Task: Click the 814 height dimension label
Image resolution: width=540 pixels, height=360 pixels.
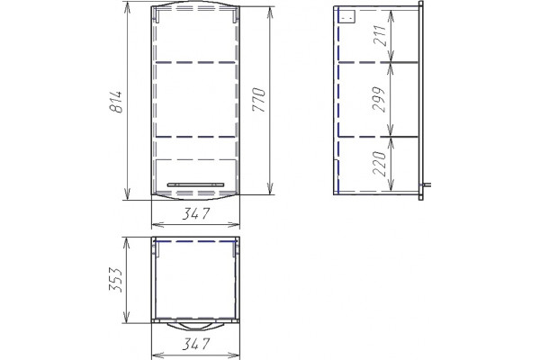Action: [x=116, y=102]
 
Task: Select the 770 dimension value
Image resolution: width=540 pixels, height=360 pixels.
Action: [x=258, y=100]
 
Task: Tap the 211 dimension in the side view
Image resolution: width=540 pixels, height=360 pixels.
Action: [x=380, y=35]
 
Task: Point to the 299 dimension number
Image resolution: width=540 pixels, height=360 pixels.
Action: [x=379, y=100]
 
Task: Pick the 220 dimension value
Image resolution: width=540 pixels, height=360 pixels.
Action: [x=380, y=163]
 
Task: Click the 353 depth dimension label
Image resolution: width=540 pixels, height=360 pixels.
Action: [x=116, y=280]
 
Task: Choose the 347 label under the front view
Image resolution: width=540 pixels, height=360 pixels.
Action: [x=195, y=214]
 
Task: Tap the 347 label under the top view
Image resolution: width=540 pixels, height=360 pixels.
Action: [x=195, y=344]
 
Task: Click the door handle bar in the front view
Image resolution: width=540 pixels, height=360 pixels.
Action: [x=195, y=185]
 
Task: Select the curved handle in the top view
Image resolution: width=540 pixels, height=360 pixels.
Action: [x=195, y=326]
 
